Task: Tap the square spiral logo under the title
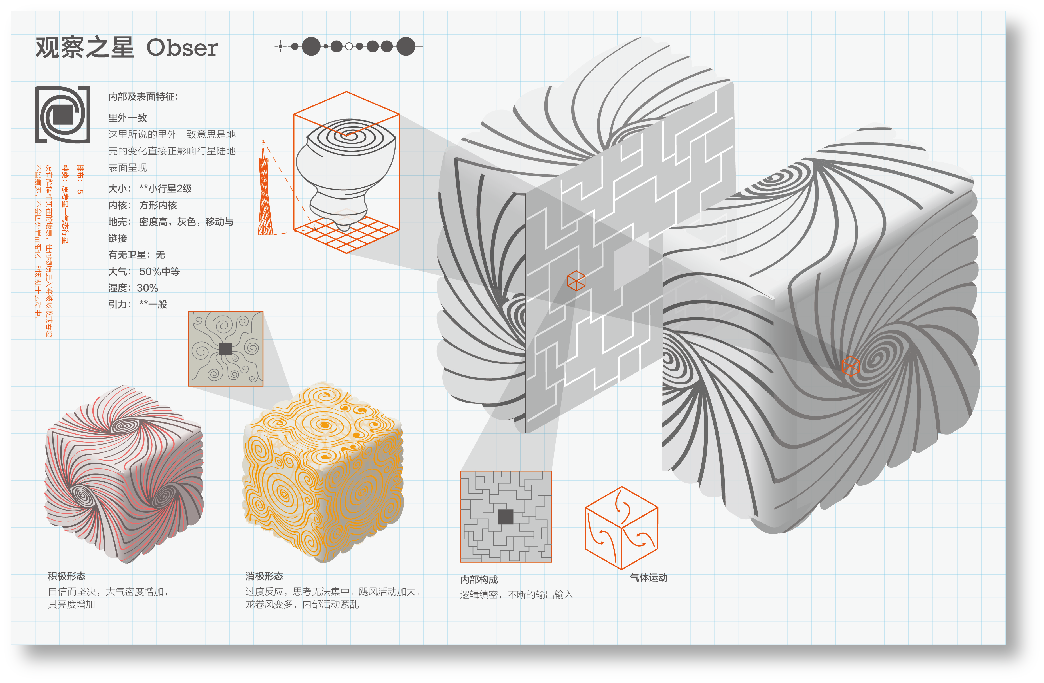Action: pos(63,114)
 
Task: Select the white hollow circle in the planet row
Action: pos(349,46)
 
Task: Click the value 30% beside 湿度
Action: pos(147,288)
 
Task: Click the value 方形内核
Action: pos(158,205)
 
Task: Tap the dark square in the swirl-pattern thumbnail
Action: pos(225,349)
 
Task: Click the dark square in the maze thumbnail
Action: pos(506,517)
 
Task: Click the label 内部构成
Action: pos(479,579)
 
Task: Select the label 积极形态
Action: pos(67,576)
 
